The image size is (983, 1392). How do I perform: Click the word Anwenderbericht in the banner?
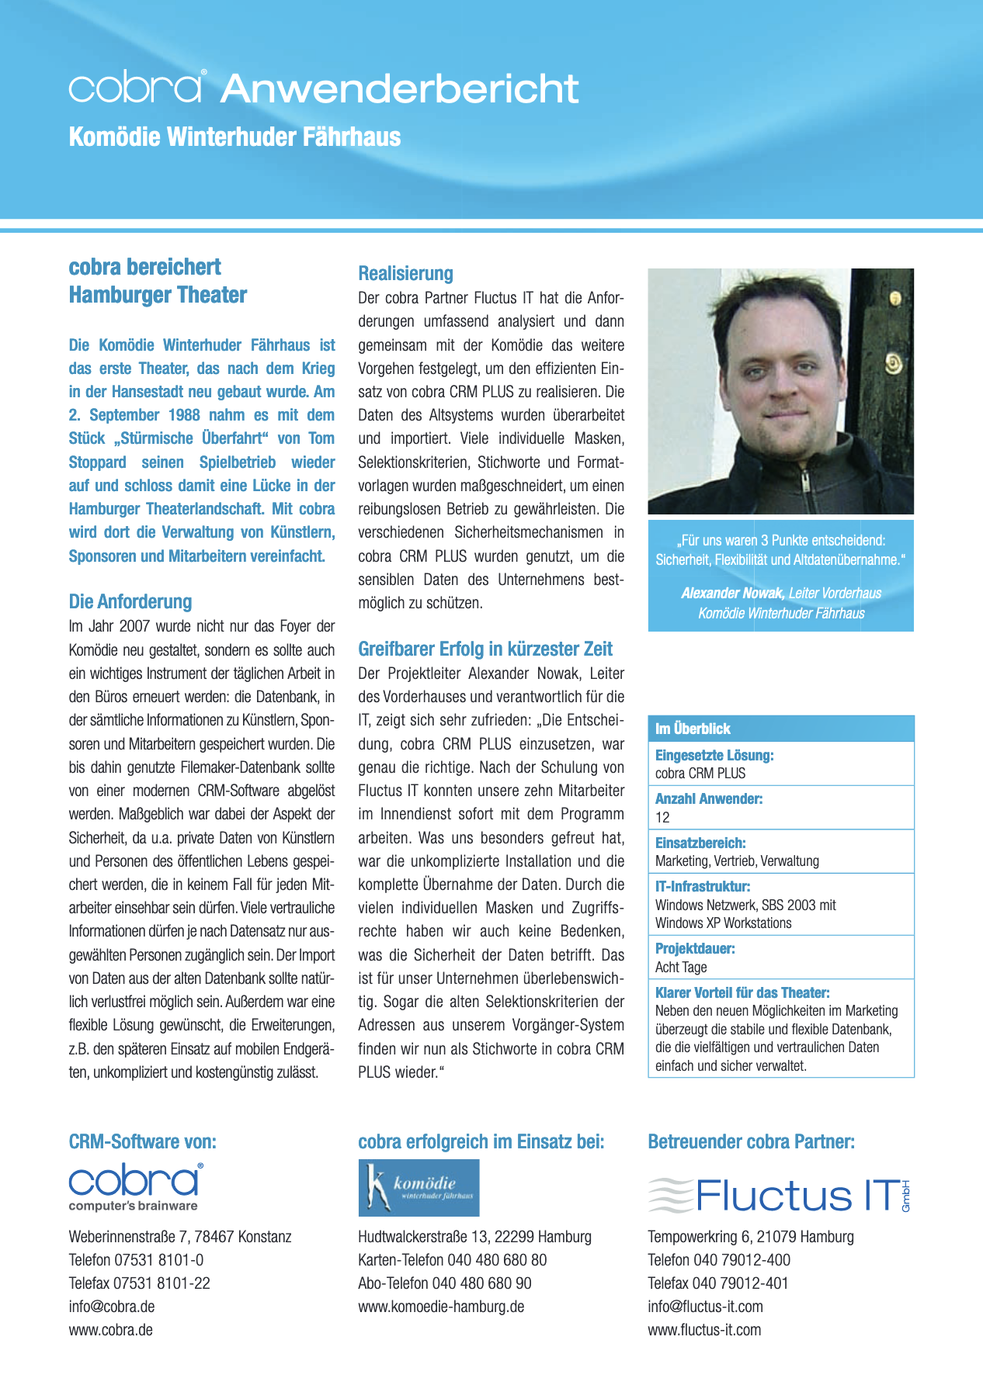[399, 89]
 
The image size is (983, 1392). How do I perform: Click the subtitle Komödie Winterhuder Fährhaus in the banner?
[234, 137]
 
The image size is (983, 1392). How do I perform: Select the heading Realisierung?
[405, 273]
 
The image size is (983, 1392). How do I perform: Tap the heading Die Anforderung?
[130, 601]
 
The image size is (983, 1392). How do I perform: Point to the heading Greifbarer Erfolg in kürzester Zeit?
[485, 649]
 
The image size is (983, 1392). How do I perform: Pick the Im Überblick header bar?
[780, 729]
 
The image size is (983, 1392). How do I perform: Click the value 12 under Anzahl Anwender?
[662, 817]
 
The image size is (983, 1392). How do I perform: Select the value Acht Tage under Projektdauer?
[681, 967]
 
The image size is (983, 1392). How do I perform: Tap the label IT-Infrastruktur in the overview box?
[702, 886]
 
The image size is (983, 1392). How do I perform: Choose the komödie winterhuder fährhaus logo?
[419, 1187]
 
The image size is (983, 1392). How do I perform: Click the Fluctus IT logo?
[779, 1195]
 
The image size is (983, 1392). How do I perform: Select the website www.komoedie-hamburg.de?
[441, 1307]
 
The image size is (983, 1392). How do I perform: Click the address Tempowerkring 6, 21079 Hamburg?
[750, 1237]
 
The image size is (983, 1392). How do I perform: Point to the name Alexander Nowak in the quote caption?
[732, 593]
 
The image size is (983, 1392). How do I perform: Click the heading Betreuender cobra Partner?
[751, 1141]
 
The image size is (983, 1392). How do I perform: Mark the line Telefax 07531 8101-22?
[139, 1283]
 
